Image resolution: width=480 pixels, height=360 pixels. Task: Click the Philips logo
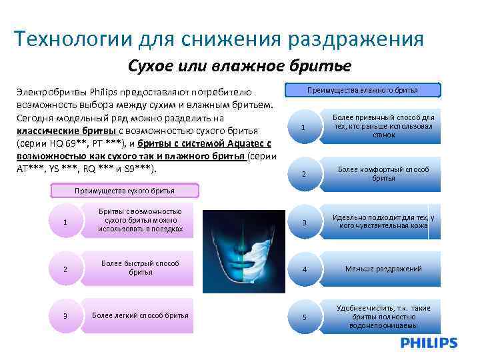coord(429,343)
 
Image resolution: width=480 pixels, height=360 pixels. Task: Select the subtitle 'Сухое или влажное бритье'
coord(239,66)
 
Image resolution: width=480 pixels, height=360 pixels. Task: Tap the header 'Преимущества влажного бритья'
coord(363,90)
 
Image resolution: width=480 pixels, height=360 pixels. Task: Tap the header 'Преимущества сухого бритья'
coord(125,191)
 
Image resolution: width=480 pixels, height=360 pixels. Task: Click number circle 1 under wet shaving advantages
coord(304,127)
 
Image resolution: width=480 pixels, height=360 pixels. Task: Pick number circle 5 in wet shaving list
coord(304,317)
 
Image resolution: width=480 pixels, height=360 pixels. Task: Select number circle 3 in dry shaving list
coord(65,315)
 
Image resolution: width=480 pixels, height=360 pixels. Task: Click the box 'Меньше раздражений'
coord(383,269)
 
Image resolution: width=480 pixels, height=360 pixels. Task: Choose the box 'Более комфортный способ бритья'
coord(383,174)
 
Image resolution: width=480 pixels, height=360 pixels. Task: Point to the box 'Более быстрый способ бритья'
coord(140,268)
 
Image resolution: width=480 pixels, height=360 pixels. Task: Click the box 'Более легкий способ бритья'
coord(140,315)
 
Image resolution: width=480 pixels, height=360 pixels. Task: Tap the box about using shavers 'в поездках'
coord(140,221)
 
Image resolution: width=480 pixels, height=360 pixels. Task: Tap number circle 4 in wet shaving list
coord(304,269)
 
